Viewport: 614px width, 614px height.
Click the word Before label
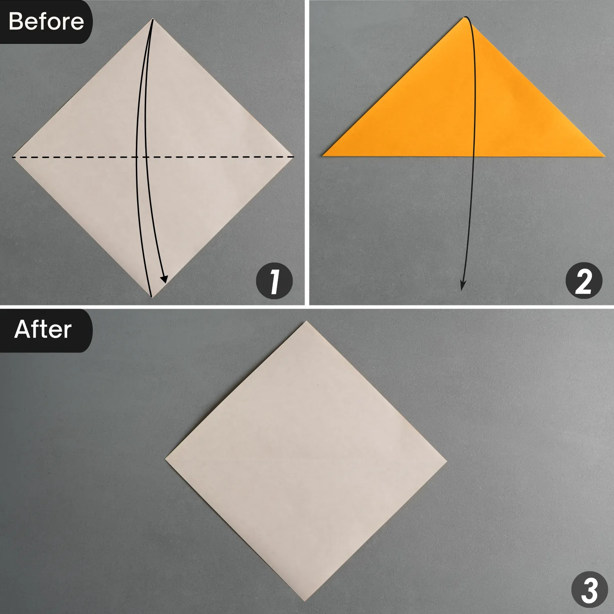[x=46, y=21]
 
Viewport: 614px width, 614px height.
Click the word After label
[x=43, y=330]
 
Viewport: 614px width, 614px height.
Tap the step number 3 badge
[x=589, y=589]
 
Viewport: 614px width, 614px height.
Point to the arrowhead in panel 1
[x=164, y=280]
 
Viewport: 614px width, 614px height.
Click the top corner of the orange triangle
[x=465, y=18]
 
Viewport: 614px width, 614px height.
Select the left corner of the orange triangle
[x=323, y=156]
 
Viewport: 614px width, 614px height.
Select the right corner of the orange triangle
[x=604, y=156]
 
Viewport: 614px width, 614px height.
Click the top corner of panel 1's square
[x=153, y=19]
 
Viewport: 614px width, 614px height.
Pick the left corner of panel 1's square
[x=13, y=157]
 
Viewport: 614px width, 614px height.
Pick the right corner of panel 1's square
[x=294, y=157]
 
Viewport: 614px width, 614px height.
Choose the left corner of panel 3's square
[x=165, y=460]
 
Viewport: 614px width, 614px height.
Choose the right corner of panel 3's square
[x=447, y=461]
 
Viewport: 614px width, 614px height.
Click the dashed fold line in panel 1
[x=82, y=157]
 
